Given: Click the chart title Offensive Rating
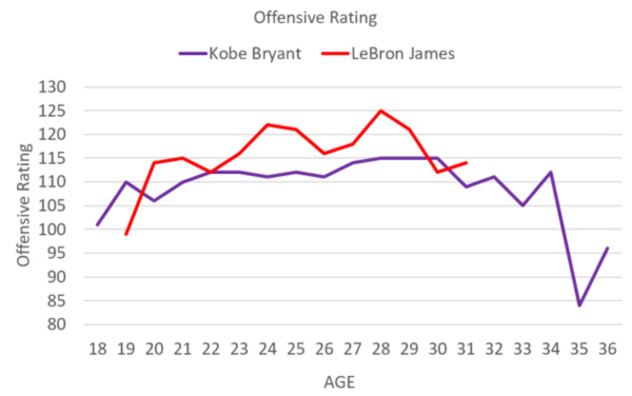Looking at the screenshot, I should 315,17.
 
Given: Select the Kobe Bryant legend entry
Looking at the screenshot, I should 240,54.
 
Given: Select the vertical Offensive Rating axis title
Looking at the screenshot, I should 24,206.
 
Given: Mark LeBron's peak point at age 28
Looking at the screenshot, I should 380,111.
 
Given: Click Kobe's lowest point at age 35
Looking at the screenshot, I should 579,305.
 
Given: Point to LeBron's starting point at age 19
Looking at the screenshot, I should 125,234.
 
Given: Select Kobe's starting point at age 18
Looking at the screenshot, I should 97,225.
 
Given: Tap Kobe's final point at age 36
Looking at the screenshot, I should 607,248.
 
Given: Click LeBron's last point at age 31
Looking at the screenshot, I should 466,163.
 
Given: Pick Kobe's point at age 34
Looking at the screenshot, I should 550,172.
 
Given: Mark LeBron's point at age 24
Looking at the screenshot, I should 267,125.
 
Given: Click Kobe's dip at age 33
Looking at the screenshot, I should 522,205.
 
